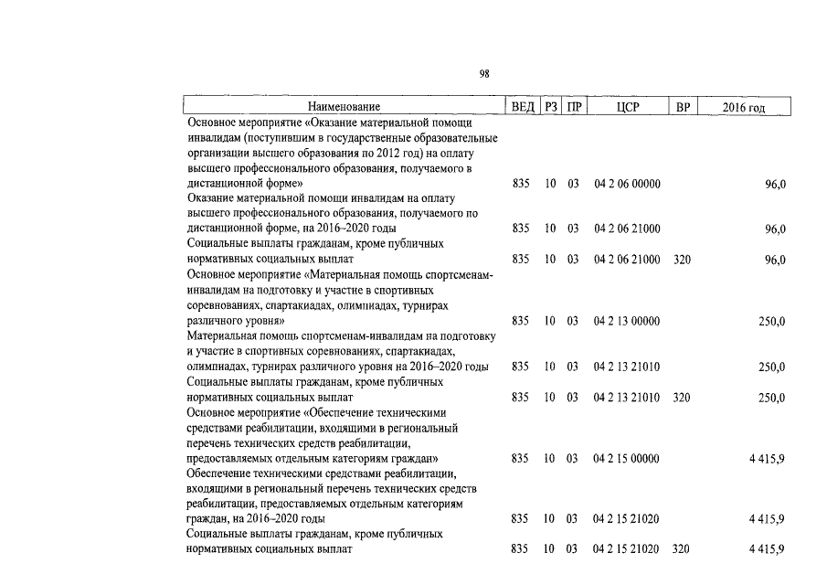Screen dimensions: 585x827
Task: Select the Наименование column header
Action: click(x=343, y=108)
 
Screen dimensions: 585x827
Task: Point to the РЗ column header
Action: click(x=551, y=108)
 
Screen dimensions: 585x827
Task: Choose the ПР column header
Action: click(x=573, y=108)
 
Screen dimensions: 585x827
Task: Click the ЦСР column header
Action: click(x=627, y=108)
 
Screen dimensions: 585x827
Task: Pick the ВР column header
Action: click(x=682, y=108)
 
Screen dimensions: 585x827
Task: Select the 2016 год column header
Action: click(x=743, y=108)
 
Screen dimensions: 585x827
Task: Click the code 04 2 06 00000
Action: click(x=627, y=184)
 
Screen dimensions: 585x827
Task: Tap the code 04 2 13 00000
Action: click(x=627, y=322)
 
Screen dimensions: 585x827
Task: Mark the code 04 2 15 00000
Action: click(x=627, y=458)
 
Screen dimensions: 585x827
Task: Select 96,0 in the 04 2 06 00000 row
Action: click(x=775, y=184)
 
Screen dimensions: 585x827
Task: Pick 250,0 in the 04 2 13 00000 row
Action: click(x=771, y=322)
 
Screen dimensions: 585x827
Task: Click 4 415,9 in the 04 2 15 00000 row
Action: click(x=767, y=458)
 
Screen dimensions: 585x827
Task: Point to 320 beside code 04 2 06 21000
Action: click(x=682, y=260)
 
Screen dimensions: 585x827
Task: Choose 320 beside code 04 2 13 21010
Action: click(x=682, y=398)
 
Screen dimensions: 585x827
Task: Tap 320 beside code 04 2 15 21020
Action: click(x=682, y=549)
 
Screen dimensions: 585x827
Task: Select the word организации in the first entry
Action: click(x=217, y=154)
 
